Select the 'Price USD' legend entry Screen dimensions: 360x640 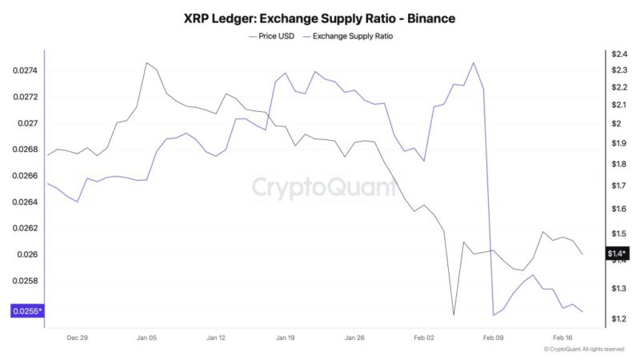[x=272, y=36]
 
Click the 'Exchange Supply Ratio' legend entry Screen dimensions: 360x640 [x=353, y=36]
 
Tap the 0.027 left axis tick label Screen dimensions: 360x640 [x=28, y=123]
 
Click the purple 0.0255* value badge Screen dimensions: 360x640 [x=27, y=311]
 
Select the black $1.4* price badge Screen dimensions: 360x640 [x=617, y=254]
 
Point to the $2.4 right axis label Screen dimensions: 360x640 [x=618, y=54]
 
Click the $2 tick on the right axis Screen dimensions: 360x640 [x=616, y=123]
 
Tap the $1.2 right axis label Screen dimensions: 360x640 [x=618, y=319]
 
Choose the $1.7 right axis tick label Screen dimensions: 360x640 [x=618, y=186]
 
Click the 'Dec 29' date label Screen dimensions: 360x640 [x=78, y=338]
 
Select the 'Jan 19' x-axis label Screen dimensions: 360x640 [x=286, y=338]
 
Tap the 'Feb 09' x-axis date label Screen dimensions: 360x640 [x=494, y=338]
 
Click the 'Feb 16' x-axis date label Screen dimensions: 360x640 [x=562, y=338]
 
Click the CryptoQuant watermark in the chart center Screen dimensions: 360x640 [x=324, y=187]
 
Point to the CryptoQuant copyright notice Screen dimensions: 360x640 [x=583, y=350]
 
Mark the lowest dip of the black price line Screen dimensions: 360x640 [x=454, y=314]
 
